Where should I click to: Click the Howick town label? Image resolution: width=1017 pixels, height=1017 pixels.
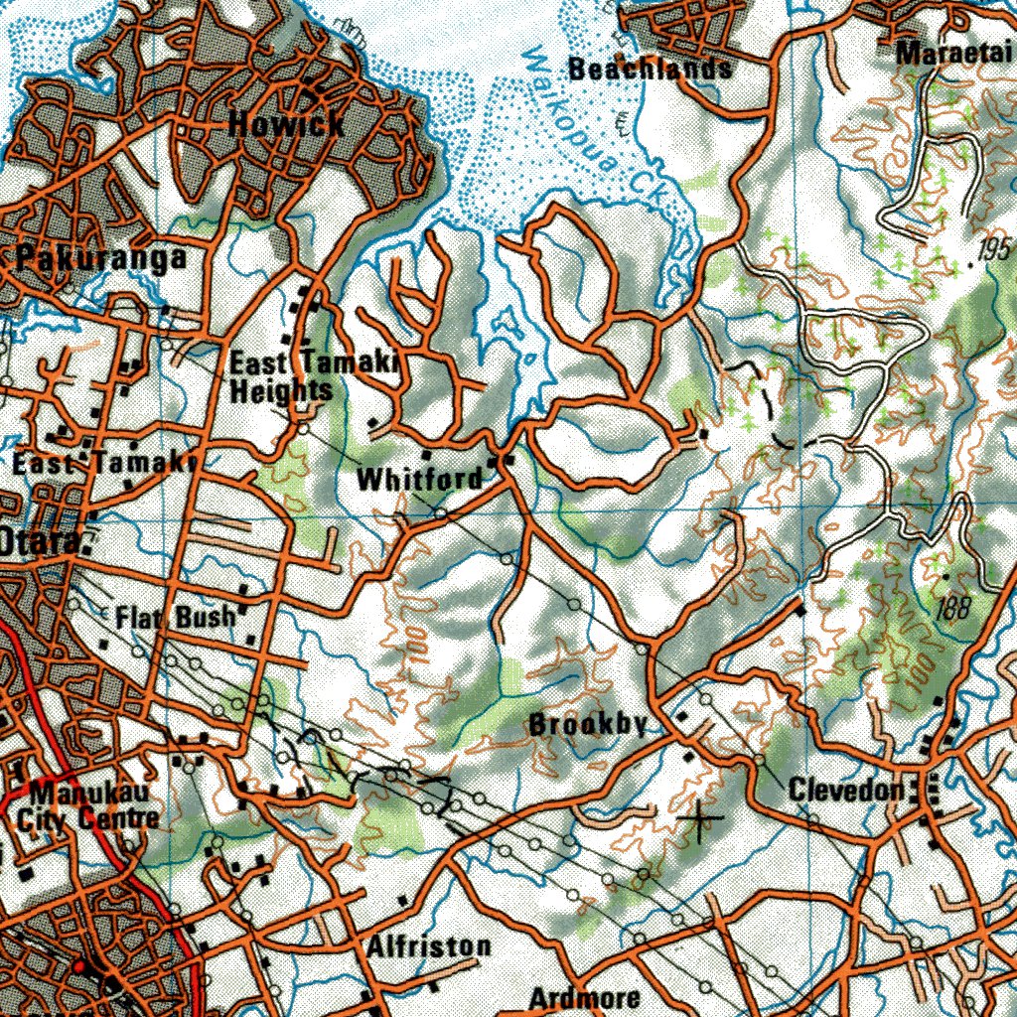[287, 124]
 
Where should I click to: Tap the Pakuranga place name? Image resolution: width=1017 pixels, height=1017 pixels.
[101, 258]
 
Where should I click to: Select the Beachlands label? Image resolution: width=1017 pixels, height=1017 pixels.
[651, 69]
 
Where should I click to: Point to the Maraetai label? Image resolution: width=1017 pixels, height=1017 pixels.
[954, 54]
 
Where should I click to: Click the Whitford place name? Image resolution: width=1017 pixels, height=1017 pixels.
[419, 479]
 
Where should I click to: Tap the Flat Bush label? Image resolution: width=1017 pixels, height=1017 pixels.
[176, 617]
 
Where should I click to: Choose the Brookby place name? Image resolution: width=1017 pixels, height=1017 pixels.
[588, 724]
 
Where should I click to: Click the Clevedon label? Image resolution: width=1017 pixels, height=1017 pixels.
[846, 790]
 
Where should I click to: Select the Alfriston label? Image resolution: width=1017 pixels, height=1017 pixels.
[428, 946]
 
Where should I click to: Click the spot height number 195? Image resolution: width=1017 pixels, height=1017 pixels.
[993, 250]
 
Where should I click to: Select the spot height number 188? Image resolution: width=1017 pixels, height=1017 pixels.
[952, 608]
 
